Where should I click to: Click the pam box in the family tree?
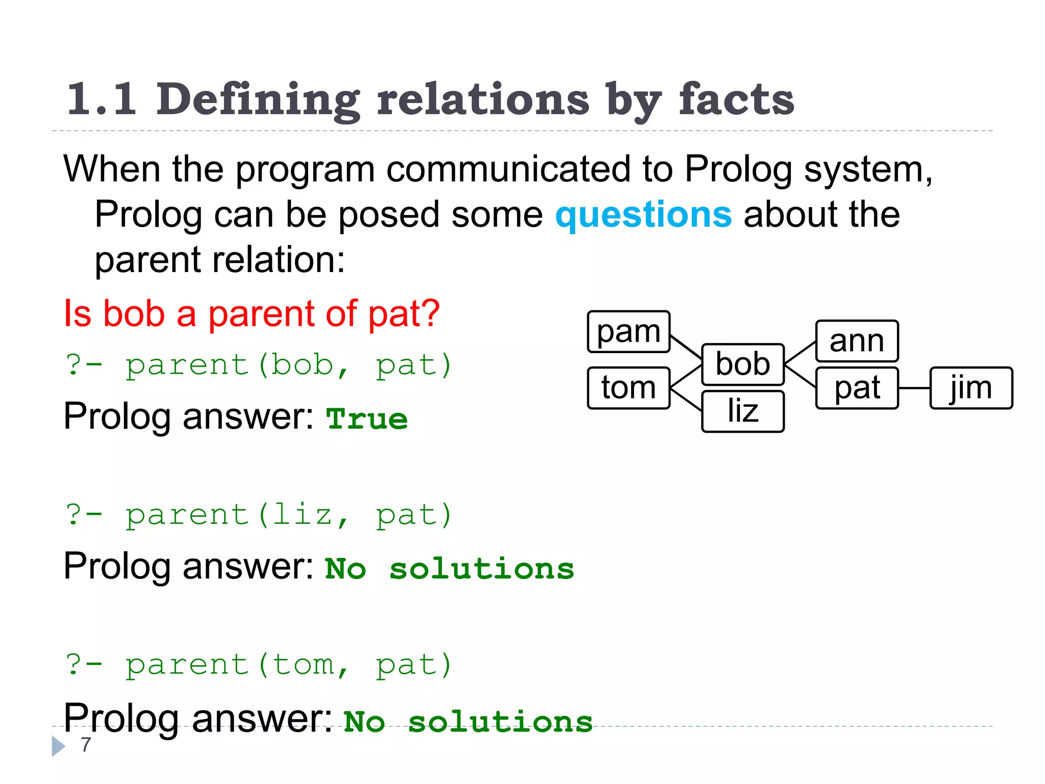pyautogui.click(x=628, y=332)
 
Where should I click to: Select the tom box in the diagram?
pyautogui.click(x=628, y=388)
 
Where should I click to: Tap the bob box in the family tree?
pyautogui.click(x=742, y=364)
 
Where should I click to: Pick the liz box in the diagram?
pyautogui.click(x=742, y=411)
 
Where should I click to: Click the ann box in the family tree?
pyautogui.click(x=857, y=341)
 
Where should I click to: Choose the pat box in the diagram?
pyautogui.click(x=857, y=388)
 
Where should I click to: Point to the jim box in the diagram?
pyautogui.click(x=971, y=388)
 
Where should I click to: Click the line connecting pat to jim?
pyautogui.click(x=914, y=388)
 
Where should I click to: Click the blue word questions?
pyautogui.click(x=643, y=215)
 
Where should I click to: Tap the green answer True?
pyautogui.click(x=367, y=419)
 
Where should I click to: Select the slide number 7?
pyautogui.click(x=86, y=745)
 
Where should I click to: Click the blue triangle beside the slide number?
pyautogui.click(x=58, y=746)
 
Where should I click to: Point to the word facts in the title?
pyautogui.click(x=736, y=100)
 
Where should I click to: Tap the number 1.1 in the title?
pyautogui.click(x=102, y=100)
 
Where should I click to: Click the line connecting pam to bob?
pyautogui.click(x=686, y=347)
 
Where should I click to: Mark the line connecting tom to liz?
pyautogui.click(x=686, y=399)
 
